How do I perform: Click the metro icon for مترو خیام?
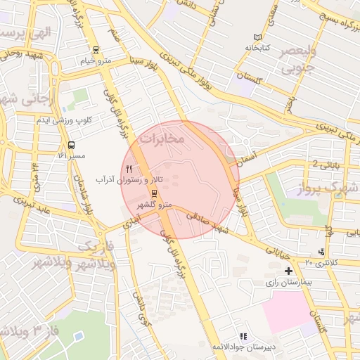(x=96, y=49)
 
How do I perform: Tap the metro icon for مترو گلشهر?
(x=154, y=194)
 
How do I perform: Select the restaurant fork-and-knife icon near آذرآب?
(x=128, y=169)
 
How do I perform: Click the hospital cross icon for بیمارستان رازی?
(x=288, y=271)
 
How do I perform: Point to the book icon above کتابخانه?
(x=257, y=37)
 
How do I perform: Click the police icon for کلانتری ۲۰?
(x=322, y=252)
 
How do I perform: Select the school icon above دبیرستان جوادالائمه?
(x=243, y=337)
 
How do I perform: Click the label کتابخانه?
(x=259, y=48)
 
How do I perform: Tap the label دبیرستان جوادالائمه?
(x=243, y=347)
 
